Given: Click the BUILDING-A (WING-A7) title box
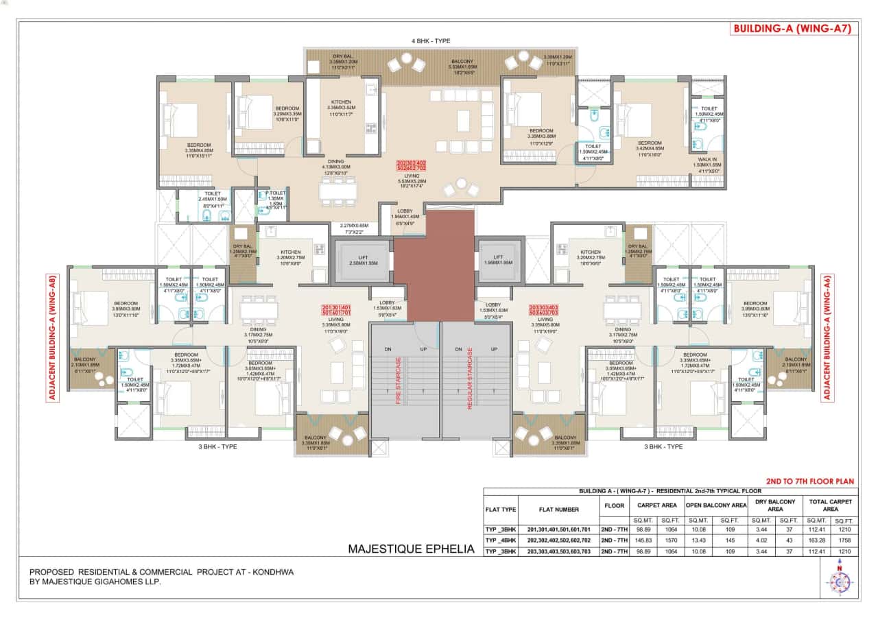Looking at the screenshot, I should pos(793,29).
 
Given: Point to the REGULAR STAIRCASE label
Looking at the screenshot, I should pos(470,379).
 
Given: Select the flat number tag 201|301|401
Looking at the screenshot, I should pos(337,311).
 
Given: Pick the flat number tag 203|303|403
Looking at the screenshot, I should pos(545,311).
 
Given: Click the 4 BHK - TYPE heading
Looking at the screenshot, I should pos(431,41).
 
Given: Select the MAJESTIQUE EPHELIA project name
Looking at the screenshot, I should pos(411,549).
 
